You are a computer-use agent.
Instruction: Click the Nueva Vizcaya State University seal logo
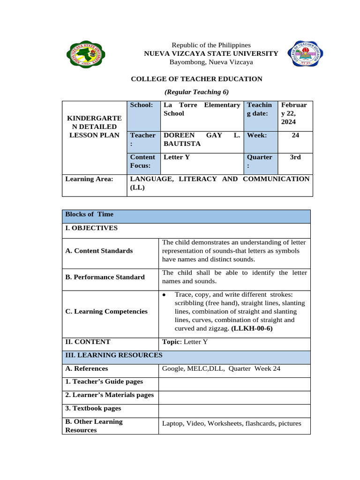pos(84,54)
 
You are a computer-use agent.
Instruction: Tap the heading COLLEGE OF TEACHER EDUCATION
pos(196,79)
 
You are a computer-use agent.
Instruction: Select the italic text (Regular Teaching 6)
pos(196,92)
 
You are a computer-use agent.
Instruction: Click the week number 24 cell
pos(295,135)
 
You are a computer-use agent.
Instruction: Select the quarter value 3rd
pos(295,157)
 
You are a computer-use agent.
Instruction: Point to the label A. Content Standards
pos(99,251)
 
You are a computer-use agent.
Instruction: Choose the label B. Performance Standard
pos(105,277)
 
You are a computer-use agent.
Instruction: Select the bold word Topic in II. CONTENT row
pos(171,342)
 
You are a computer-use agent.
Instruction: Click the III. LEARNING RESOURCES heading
pos(114,356)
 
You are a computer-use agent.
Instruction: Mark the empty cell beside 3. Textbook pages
pos(234,409)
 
